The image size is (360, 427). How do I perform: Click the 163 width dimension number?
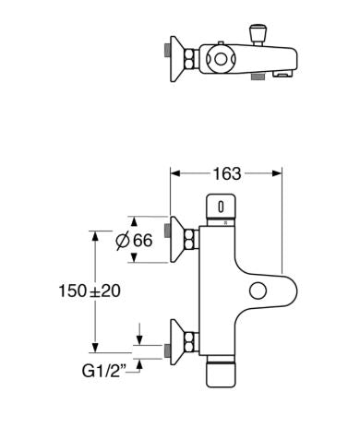pyautogui.click(x=226, y=173)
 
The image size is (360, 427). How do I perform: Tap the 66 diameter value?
pyautogui.click(x=140, y=241)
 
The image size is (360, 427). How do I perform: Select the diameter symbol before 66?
pyautogui.click(x=124, y=241)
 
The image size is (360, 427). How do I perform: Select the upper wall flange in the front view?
pyautogui.click(x=175, y=240)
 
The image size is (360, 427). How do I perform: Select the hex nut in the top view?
pyautogui.click(x=191, y=57)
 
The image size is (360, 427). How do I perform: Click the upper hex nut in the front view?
pyautogui.click(x=191, y=240)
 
